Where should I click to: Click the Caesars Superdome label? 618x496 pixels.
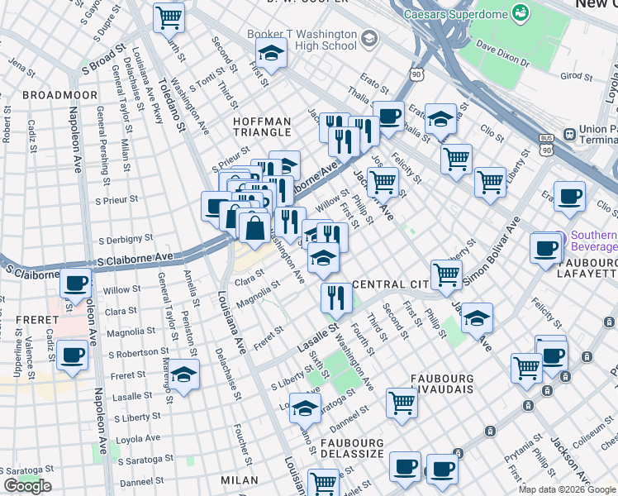point(454,15)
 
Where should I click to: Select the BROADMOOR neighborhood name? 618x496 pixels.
point(54,95)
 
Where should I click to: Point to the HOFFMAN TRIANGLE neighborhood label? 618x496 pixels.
point(262,126)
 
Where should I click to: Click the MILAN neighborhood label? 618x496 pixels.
point(240,479)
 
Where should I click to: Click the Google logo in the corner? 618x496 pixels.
point(27,486)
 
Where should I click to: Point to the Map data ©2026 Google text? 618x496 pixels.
point(568,489)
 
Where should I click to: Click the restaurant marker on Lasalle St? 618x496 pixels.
point(335,297)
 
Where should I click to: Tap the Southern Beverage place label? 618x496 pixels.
point(592,241)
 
